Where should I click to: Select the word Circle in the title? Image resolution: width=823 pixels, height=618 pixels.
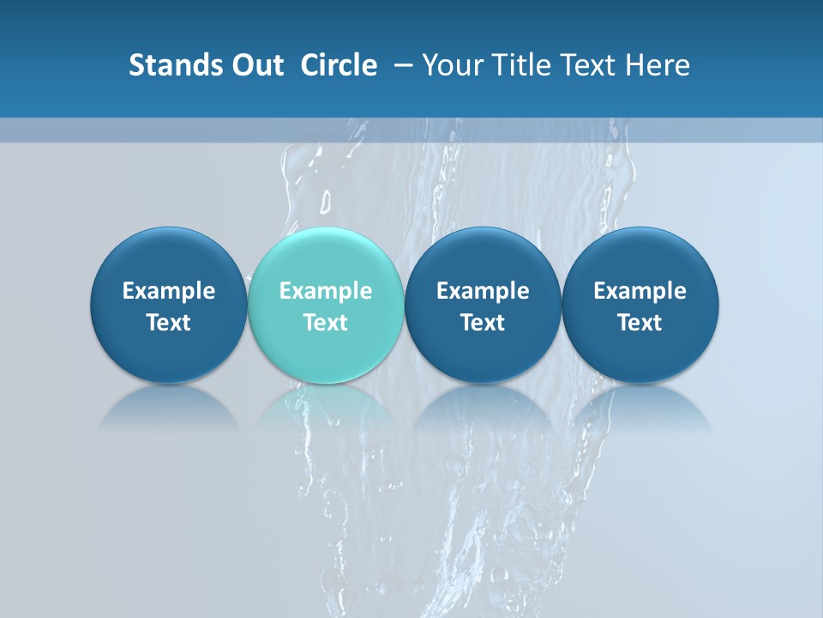click(x=339, y=65)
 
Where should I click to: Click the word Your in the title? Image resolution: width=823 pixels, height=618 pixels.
click(x=451, y=65)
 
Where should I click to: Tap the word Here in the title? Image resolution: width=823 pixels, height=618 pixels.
click(x=658, y=65)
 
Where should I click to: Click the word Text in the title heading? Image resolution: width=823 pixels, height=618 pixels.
click(x=587, y=65)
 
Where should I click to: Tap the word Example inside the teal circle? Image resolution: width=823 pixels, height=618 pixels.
click(x=326, y=291)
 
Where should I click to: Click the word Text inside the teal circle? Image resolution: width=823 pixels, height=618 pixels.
click(x=326, y=323)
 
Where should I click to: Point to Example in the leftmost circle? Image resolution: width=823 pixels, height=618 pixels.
click(x=169, y=291)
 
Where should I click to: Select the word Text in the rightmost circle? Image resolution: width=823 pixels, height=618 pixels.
click(x=640, y=323)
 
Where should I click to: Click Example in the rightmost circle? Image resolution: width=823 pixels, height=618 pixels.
click(x=640, y=291)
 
